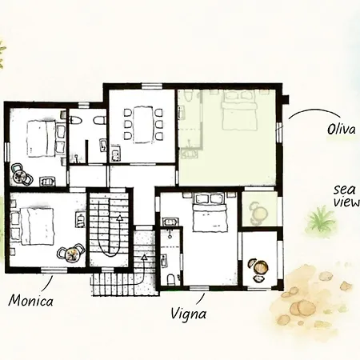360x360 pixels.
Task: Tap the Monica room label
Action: click(x=31, y=301)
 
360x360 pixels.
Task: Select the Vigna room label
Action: click(x=188, y=314)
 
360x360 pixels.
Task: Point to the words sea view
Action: click(x=346, y=196)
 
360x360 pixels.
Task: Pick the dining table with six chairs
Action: click(x=143, y=124)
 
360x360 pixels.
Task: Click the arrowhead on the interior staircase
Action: click(x=119, y=218)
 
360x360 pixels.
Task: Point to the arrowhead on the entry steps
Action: click(x=144, y=258)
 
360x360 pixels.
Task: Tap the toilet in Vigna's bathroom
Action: click(x=170, y=279)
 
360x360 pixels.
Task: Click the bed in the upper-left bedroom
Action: click(x=42, y=138)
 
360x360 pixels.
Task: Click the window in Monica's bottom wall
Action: click(x=54, y=270)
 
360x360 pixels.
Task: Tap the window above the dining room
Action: click(x=152, y=86)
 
